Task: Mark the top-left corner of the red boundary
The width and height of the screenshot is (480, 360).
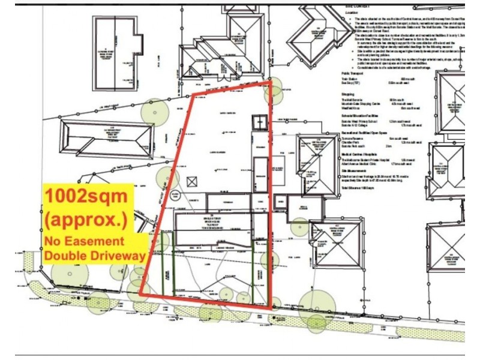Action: click(x=193, y=96)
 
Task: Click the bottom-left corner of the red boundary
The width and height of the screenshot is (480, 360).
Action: click(x=142, y=294)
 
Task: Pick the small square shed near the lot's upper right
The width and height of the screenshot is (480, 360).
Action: click(x=259, y=122)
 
